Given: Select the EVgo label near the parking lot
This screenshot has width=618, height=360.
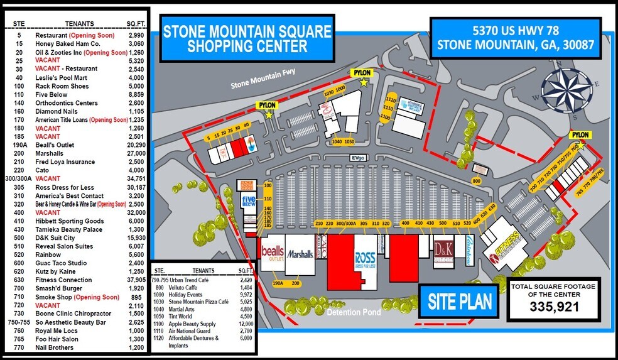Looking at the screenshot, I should pos(359,158).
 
